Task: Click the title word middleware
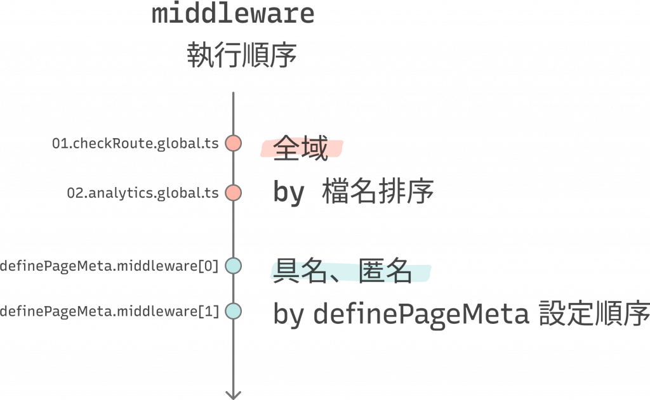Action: click(234, 13)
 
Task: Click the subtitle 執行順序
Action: click(241, 56)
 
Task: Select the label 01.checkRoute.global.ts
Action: click(136, 144)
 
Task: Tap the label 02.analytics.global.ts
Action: click(144, 193)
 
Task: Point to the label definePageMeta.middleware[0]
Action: click(109, 266)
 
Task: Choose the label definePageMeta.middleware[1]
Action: click(109, 311)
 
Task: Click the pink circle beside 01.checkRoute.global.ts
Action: click(233, 143)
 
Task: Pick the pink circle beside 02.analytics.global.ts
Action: click(233, 192)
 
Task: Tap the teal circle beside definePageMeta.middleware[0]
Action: click(233, 266)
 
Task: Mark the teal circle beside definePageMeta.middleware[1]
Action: click(233, 311)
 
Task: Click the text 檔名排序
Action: click(378, 191)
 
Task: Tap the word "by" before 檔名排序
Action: click(289, 192)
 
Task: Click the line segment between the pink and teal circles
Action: click(233, 229)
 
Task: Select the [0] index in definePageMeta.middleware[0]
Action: click(209, 266)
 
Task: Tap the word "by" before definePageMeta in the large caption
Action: click(289, 314)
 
